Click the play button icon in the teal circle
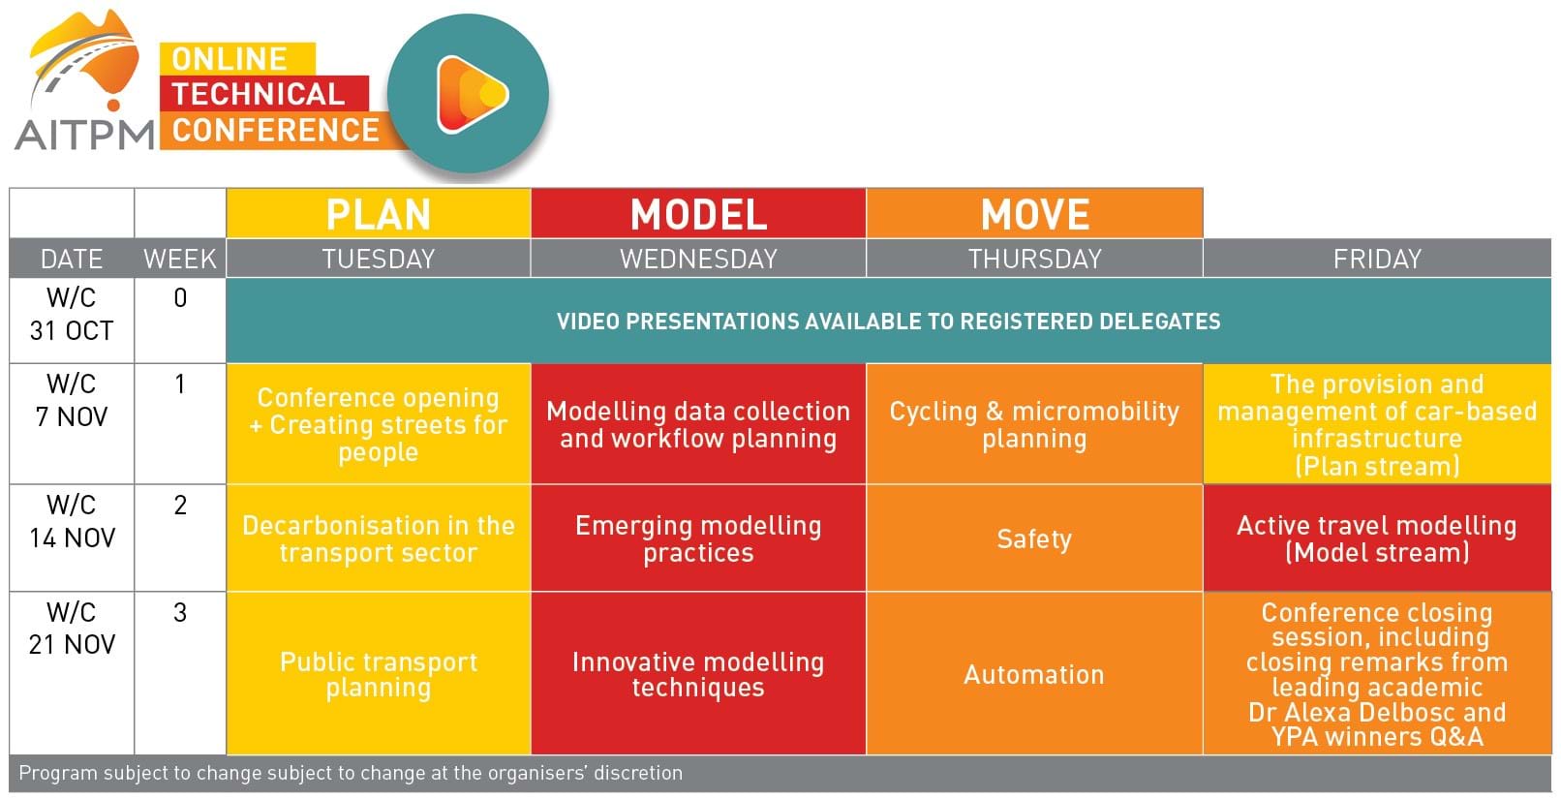[x=472, y=94]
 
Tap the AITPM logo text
[x=83, y=135]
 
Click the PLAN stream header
[x=379, y=213]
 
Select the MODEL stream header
[x=698, y=213]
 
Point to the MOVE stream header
[x=1035, y=213]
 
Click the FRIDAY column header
[x=1377, y=259]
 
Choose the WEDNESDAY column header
[x=698, y=259]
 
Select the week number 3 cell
[x=180, y=673]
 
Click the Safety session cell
[x=1035, y=538]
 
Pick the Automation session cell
[x=1035, y=673]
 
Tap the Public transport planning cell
[x=379, y=673]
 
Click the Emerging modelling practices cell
[x=698, y=538]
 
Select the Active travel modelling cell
[x=1377, y=538]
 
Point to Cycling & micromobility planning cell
[x=1035, y=424]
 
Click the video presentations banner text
[x=889, y=321]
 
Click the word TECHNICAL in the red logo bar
[x=259, y=93]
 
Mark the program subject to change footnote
[x=351, y=773]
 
